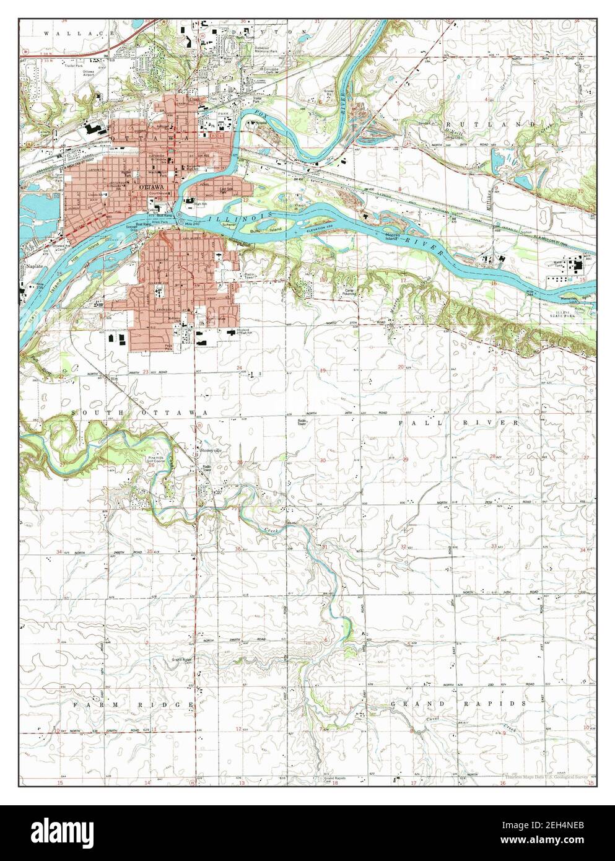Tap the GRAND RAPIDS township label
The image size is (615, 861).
pos(457,704)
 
